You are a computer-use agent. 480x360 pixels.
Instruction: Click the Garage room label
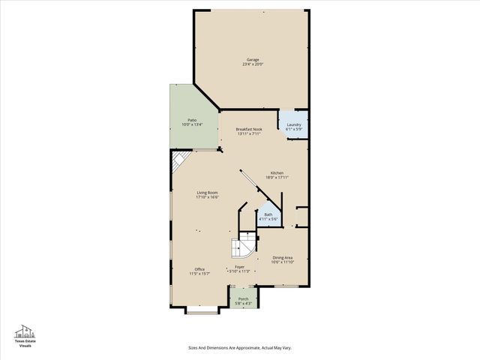(x=253, y=59)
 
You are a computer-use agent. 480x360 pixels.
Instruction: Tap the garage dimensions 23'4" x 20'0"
(x=253, y=64)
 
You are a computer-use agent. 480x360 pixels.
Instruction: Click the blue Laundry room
(x=294, y=126)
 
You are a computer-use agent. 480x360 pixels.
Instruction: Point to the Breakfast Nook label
(x=248, y=130)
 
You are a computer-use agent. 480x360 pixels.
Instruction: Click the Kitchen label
(x=277, y=172)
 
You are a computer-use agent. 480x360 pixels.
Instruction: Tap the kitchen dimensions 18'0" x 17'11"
(x=277, y=178)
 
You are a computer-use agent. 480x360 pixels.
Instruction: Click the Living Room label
(x=207, y=193)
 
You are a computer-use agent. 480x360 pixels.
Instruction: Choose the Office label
(x=199, y=269)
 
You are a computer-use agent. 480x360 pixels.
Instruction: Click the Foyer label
(x=239, y=266)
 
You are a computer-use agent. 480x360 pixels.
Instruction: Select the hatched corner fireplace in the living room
(x=178, y=160)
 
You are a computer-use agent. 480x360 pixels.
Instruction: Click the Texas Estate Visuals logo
(x=25, y=336)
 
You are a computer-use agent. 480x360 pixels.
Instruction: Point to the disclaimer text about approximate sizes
(x=239, y=348)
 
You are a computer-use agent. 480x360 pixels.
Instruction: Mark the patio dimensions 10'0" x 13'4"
(x=192, y=124)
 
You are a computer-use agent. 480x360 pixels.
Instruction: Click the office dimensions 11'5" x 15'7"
(x=199, y=274)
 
